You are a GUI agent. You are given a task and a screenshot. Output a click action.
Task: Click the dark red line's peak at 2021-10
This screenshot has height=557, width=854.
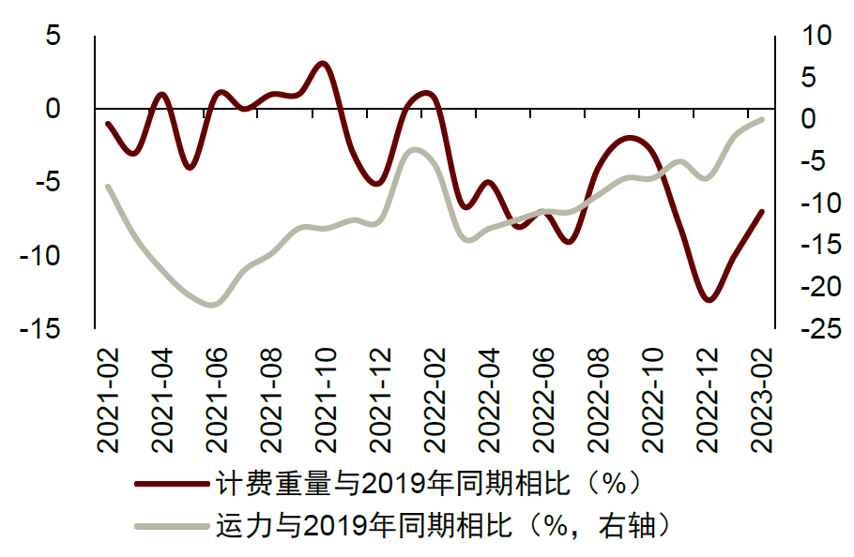click(x=322, y=64)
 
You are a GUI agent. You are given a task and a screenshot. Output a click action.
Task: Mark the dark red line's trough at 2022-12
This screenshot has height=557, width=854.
click(x=709, y=300)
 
